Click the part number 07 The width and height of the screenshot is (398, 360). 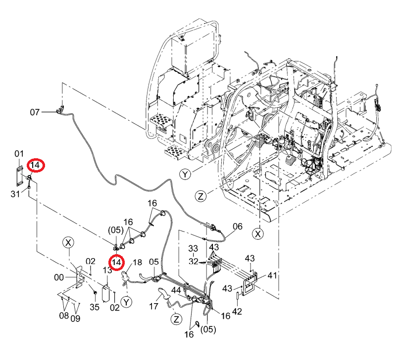coord(35,112)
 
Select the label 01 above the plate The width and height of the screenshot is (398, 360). coord(19,153)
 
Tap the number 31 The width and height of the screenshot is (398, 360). coord(15,194)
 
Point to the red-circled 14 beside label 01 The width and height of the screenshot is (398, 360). coord(36,165)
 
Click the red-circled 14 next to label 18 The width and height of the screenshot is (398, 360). coord(116,262)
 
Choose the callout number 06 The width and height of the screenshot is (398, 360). coord(237,226)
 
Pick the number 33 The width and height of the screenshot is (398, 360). coord(193,248)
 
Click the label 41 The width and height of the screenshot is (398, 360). coord(272,275)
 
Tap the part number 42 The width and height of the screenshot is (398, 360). coord(237,312)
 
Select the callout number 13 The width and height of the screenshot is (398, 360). coord(107,270)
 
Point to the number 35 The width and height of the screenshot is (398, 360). coord(95,307)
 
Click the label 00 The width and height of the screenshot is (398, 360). coord(59,277)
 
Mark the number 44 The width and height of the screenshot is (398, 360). coord(176,291)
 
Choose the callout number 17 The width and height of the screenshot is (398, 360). coord(153,306)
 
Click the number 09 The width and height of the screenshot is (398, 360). coord(75,318)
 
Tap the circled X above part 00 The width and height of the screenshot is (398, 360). coord(68,243)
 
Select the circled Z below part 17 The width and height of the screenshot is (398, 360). coord(176,319)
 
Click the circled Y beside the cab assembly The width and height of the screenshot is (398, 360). coord(185,175)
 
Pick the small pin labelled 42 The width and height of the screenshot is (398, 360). coord(238,296)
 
